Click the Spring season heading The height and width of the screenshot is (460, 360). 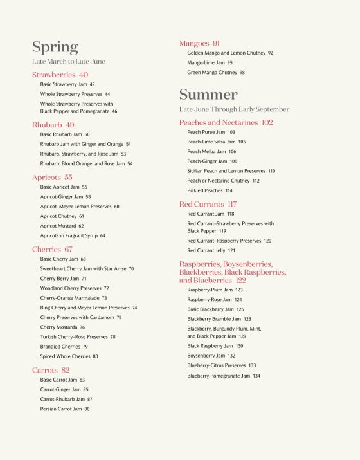(55, 47)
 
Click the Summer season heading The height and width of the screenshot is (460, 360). (208, 95)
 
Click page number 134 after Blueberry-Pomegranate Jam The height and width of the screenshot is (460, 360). (256, 376)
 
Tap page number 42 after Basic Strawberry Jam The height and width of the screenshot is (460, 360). (92, 84)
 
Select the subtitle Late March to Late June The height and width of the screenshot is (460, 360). (69, 62)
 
